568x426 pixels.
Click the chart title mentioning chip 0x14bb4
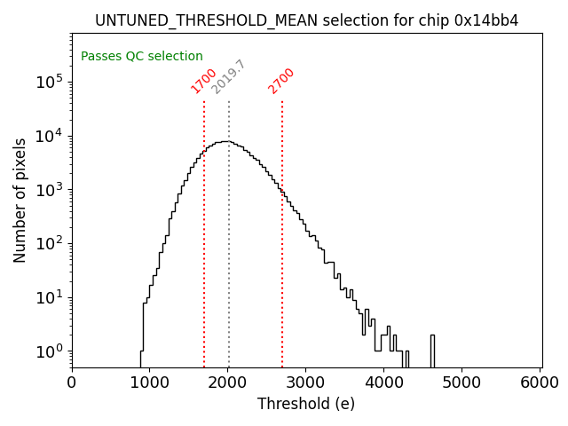tap(306, 20)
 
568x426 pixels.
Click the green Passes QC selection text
tap(142, 56)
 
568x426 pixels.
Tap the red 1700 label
tap(204, 80)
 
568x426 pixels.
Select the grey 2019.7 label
tap(228, 77)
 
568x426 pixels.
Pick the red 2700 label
tap(281, 80)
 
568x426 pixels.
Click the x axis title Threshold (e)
tap(306, 404)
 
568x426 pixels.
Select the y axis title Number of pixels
tap(20, 200)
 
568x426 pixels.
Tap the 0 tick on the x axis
tap(72, 383)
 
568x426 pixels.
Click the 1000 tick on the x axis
tap(150, 383)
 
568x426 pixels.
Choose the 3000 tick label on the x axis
tap(306, 383)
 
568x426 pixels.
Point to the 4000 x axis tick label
tap(384, 383)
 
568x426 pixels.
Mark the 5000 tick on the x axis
tap(462, 383)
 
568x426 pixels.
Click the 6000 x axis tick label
tap(540, 383)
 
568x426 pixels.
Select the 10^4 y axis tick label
tap(49, 136)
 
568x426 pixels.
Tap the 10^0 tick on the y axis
tap(49, 351)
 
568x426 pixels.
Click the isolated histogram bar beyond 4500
tap(432, 351)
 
